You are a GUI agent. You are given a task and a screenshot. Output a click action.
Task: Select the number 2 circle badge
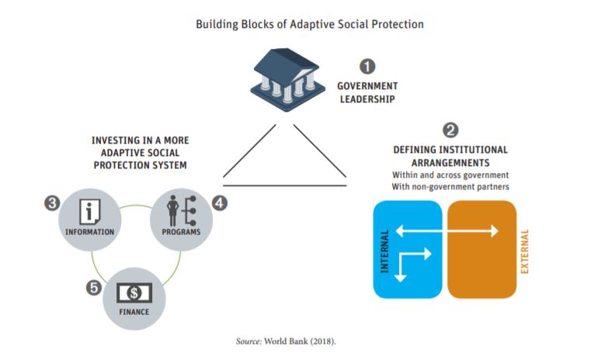[x=450, y=129]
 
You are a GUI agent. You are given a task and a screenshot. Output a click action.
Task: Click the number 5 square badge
[x=93, y=287]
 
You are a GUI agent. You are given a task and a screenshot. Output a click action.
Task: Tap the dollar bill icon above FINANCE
[x=134, y=292]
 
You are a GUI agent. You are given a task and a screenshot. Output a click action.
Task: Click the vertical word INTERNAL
[x=384, y=250]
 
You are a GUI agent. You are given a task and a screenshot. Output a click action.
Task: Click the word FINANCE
[x=134, y=313]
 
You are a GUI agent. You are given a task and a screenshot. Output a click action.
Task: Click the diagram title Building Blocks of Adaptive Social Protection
[x=300, y=24]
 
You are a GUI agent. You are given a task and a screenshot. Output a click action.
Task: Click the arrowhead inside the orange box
[x=494, y=230]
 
